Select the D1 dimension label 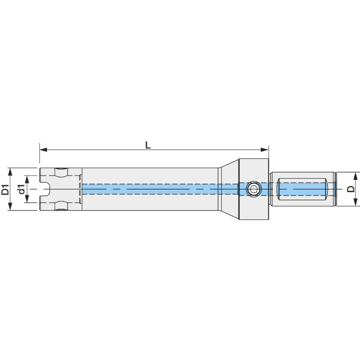(5, 189)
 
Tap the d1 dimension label (21, 189)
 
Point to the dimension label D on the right (351, 189)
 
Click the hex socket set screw (254, 189)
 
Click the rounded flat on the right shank (301, 189)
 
